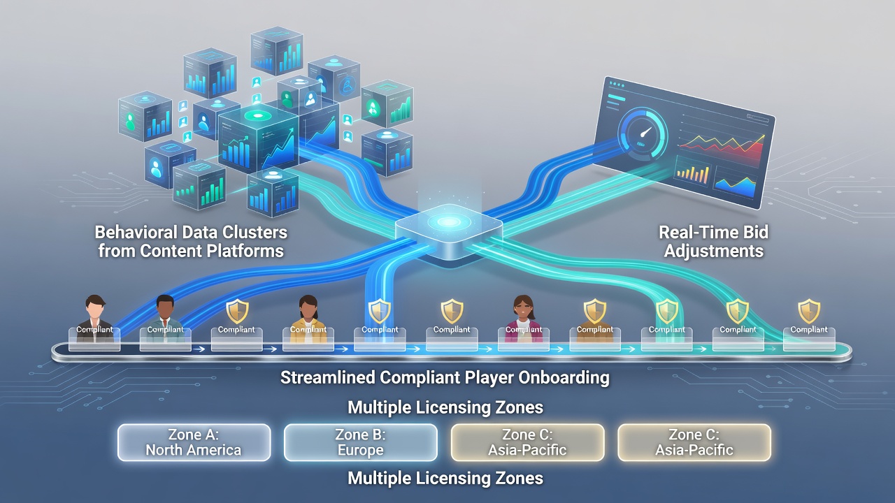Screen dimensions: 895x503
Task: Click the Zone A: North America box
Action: click(194, 442)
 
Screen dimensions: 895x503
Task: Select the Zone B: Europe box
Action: click(360, 442)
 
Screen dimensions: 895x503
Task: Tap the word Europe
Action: click(360, 450)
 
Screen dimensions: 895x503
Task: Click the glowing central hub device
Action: click(449, 231)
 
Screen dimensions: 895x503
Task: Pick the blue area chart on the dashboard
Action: click(735, 183)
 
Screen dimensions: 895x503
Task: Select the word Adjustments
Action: click(714, 251)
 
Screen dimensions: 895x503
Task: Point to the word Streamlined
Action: click(328, 377)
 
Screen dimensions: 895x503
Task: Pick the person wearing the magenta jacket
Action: click(524, 319)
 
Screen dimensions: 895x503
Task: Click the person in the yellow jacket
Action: click(308, 319)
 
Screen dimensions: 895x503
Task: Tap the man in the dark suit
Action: click(94, 319)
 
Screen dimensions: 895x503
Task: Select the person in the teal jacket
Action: click(164, 319)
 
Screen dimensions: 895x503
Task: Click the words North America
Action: click(194, 451)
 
